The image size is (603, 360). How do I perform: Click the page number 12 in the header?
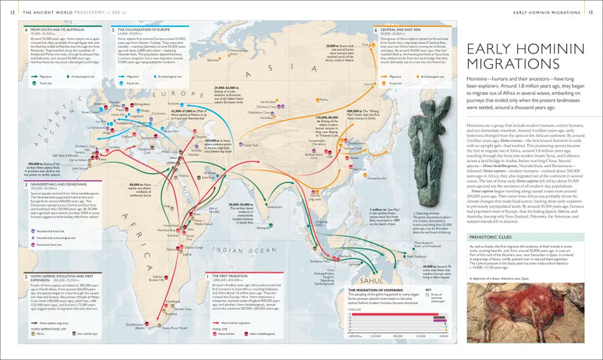9,9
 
